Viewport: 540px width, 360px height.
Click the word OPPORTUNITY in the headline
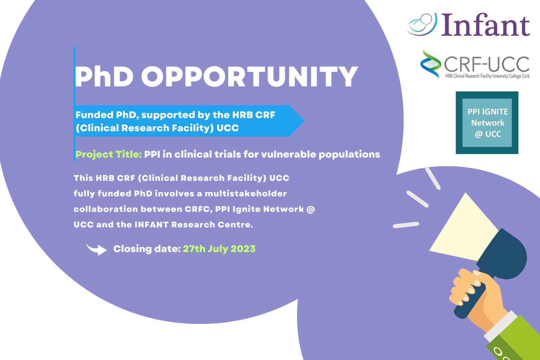pyautogui.click(x=249, y=76)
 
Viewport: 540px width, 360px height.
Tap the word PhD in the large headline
pyautogui.click(x=104, y=76)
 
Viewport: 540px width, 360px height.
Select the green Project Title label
pyautogui.click(x=108, y=155)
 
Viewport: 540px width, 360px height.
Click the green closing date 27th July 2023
pyautogui.click(x=219, y=249)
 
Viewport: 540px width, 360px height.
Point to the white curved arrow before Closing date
pyautogui.click(x=97, y=249)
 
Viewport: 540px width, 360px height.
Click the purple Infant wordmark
pyautogui.click(x=486, y=25)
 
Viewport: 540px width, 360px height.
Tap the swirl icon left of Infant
pyautogui.click(x=422, y=24)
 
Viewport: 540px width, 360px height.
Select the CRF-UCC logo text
pyautogui.click(x=486, y=64)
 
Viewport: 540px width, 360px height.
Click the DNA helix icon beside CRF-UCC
pyautogui.click(x=431, y=64)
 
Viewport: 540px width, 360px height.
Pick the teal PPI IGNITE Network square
pyautogui.click(x=487, y=123)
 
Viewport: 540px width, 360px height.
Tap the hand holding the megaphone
pyautogui.click(x=477, y=299)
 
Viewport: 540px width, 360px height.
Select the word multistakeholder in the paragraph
pyautogui.click(x=246, y=193)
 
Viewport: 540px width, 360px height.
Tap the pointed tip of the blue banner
pyautogui.click(x=304, y=121)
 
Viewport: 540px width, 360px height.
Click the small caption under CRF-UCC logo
pyautogui.click(x=487, y=76)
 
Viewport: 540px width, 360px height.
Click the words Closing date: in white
pyautogui.click(x=147, y=249)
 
